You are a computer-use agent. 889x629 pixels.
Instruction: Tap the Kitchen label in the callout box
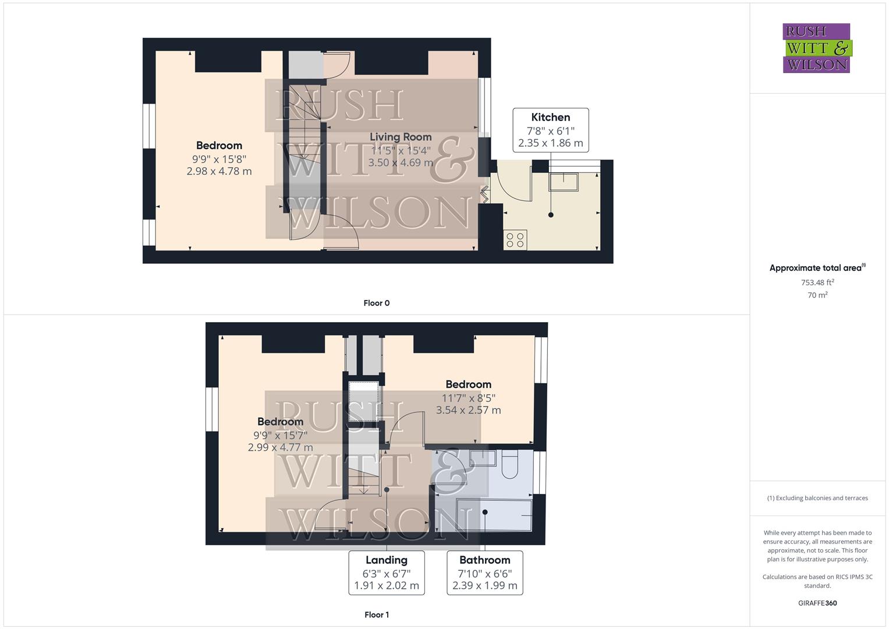tap(550, 117)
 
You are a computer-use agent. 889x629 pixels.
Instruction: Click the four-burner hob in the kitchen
tap(515, 240)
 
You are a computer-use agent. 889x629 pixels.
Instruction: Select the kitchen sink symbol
tap(563, 182)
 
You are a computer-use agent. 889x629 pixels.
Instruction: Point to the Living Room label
tap(401, 137)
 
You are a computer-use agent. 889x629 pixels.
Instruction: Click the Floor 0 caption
tap(376, 303)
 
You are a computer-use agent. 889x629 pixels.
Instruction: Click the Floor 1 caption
tap(376, 614)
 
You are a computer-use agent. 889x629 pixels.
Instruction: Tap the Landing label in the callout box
tap(386, 560)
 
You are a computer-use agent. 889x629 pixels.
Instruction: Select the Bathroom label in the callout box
tap(484, 560)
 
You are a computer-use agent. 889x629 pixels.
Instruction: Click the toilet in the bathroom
tap(509, 464)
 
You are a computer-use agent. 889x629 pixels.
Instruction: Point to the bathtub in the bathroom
tap(494, 515)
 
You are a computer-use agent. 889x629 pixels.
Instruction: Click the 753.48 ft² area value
tap(817, 282)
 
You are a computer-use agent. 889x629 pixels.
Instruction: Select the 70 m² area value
tap(817, 295)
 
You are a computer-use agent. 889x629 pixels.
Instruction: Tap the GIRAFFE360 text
tap(817, 603)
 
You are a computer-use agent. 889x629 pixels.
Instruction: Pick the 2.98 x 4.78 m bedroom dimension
tap(219, 171)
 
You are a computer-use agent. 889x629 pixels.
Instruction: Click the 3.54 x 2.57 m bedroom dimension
tap(468, 410)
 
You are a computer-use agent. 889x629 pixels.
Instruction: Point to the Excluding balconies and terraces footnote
tap(817, 498)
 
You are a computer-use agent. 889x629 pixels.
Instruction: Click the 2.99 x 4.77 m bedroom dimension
tap(280, 447)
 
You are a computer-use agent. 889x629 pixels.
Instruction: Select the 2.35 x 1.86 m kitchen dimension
tap(550, 143)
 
